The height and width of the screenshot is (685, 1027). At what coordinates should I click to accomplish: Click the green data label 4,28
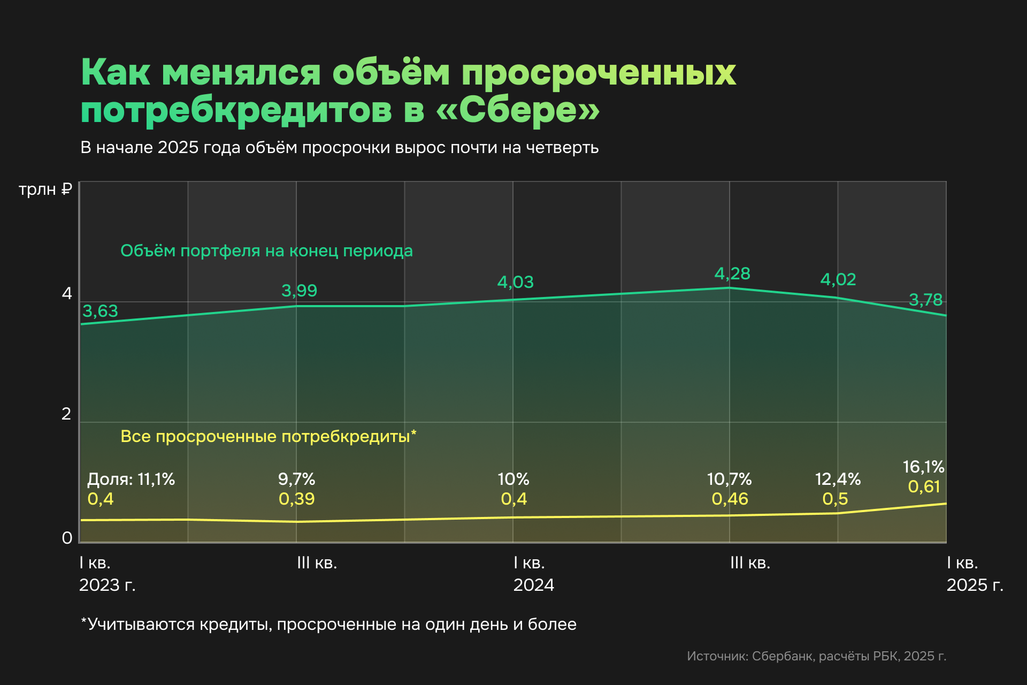(x=732, y=273)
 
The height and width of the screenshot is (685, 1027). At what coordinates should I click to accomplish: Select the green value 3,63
(x=100, y=311)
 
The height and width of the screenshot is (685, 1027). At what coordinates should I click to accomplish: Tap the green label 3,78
(x=925, y=300)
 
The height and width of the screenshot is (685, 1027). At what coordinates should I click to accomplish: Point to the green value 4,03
(x=515, y=282)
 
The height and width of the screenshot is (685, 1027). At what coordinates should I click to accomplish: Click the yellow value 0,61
(x=924, y=486)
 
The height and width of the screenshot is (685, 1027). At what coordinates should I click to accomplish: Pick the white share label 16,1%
(x=923, y=467)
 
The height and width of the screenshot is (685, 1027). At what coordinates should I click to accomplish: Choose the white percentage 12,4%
(x=838, y=479)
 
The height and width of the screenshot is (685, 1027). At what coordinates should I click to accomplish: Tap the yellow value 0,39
(x=296, y=499)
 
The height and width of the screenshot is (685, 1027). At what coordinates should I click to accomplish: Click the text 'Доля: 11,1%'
(x=131, y=479)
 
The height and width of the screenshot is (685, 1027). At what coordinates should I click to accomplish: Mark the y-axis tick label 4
(x=67, y=293)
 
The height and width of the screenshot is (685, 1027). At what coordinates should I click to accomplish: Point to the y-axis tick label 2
(x=66, y=414)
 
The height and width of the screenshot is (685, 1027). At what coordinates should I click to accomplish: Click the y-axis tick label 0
(x=67, y=538)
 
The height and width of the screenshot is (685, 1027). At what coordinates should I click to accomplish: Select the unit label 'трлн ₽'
(x=45, y=189)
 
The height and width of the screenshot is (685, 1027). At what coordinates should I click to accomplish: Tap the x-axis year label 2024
(x=533, y=585)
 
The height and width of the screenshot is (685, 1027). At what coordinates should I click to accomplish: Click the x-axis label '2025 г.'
(x=975, y=585)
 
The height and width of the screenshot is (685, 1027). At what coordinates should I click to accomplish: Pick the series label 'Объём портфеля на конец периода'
(x=266, y=250)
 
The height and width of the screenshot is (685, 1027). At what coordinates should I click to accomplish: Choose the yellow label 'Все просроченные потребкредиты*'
(x=268, y=436)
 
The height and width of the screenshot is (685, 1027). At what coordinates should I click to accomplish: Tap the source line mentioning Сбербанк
(x=816, y=656)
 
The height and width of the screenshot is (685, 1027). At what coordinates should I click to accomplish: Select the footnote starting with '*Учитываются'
(x=328, y=625)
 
